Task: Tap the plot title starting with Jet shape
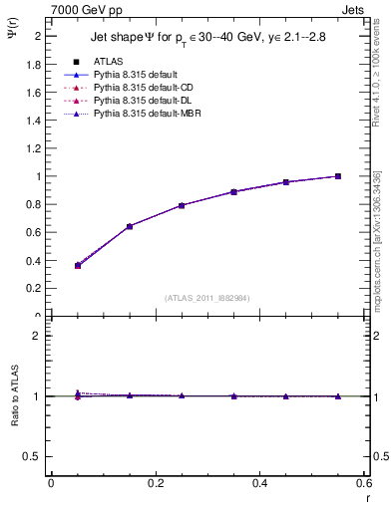click(x=207, y=37)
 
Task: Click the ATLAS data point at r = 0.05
click(x=51, y=265)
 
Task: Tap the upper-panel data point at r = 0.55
click(x=338, y=176)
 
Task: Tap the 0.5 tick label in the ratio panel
click(x=34, y=456)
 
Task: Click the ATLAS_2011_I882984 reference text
click(x=207, y=298)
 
